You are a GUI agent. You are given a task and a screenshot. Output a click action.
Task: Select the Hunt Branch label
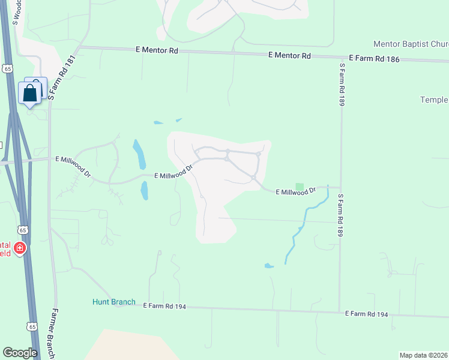point(114,302)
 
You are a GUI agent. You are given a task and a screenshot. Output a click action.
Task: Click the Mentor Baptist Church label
point(411,44)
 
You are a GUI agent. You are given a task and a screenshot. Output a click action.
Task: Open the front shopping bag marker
point(29,93)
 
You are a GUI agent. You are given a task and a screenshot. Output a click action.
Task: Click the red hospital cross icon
point(20,248)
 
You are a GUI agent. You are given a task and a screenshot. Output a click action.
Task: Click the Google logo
point(20,353)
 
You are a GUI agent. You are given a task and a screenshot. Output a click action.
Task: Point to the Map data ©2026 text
point(423,355)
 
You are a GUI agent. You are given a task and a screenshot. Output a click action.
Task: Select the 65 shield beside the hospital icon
point(22,230)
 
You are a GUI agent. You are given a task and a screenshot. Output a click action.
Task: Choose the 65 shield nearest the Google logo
point(32,326)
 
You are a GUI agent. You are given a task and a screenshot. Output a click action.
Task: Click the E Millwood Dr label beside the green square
point(295,192)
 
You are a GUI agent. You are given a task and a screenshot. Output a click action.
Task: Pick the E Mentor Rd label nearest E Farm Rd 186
point(289,55)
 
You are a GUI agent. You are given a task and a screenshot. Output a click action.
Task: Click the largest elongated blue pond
point(139,155)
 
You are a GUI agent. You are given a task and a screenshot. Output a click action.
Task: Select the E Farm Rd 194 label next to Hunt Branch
point(164,306)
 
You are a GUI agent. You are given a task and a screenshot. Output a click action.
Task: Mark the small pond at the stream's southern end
point(268,265)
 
